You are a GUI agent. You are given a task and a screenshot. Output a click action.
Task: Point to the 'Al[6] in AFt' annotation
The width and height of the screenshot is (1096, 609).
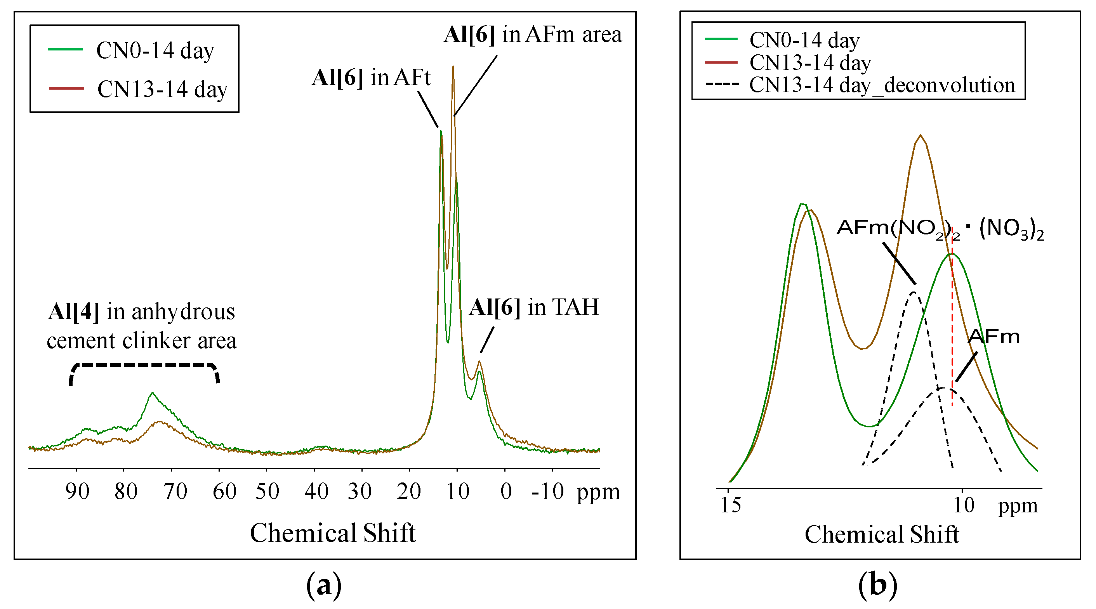coord(372,78)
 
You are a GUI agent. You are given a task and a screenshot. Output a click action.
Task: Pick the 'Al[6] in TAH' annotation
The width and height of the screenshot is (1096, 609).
coord(534,307)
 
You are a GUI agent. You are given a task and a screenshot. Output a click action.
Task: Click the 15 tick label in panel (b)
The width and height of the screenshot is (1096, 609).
coord(731,505)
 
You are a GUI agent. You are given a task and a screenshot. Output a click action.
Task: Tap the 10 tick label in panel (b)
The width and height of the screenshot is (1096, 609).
coord(963,505)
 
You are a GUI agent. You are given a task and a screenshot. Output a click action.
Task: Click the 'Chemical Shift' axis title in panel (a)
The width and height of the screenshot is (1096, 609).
coord(332,533)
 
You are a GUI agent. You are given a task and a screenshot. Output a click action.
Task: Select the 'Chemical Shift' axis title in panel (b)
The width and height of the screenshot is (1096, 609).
coord(882,534)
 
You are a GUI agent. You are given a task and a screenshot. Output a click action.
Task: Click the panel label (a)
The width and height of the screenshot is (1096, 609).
coord(324,586)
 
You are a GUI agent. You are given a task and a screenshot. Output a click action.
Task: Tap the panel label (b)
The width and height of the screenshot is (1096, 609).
coord(878,586)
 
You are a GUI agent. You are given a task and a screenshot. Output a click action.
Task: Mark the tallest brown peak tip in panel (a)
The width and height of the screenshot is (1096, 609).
coord(453,67)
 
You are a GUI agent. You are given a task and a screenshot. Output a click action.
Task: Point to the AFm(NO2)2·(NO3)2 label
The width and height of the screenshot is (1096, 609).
coord(940,229)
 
